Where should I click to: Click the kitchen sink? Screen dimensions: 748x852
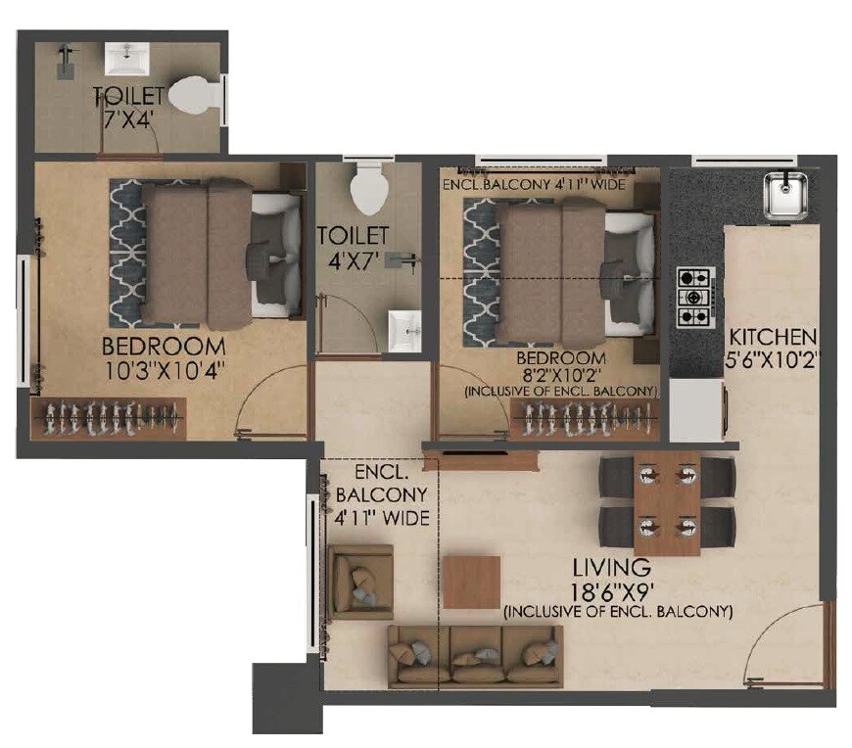tap(784, 194)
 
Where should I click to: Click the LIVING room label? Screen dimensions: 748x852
tap(613, 567)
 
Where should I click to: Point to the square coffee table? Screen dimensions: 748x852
tap(472, 582)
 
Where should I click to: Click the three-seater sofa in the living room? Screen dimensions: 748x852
tap(476, 655)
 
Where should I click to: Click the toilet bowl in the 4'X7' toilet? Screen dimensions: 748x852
tap(369, 186)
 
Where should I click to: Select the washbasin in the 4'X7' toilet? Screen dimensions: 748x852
tap(403, 329)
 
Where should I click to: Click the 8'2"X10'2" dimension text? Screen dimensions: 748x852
tap(563, 375)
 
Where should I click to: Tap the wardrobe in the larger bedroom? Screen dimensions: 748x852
tap(110, 419)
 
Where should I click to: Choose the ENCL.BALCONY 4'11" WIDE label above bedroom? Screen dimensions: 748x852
tap(535, 184)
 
